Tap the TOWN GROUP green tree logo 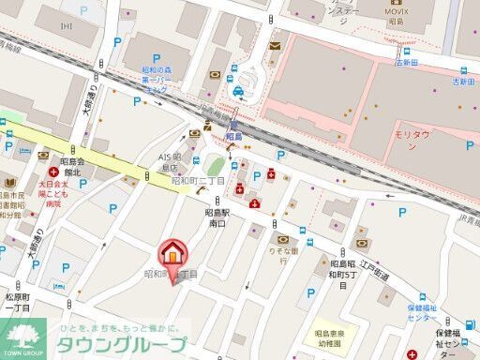coord(25,337)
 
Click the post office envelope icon coord(274,44)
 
